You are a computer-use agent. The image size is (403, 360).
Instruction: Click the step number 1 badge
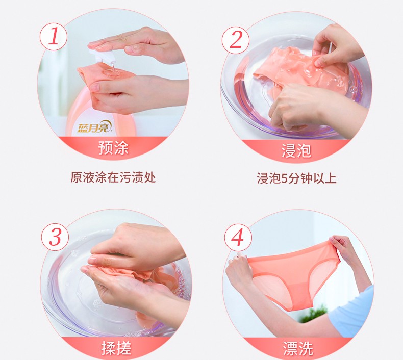click(54, 36)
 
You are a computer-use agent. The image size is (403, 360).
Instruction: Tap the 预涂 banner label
click(113, 148)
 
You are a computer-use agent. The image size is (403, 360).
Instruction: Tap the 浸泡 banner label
click(296, 150)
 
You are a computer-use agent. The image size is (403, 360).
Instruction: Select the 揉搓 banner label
click(116, 348)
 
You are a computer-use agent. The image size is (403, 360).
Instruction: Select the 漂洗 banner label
click(298, 349)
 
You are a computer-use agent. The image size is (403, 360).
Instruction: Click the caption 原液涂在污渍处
click(113, 177)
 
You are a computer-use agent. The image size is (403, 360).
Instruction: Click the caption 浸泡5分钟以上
click(296, 178)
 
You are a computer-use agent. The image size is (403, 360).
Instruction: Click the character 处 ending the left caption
click(150, 177)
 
